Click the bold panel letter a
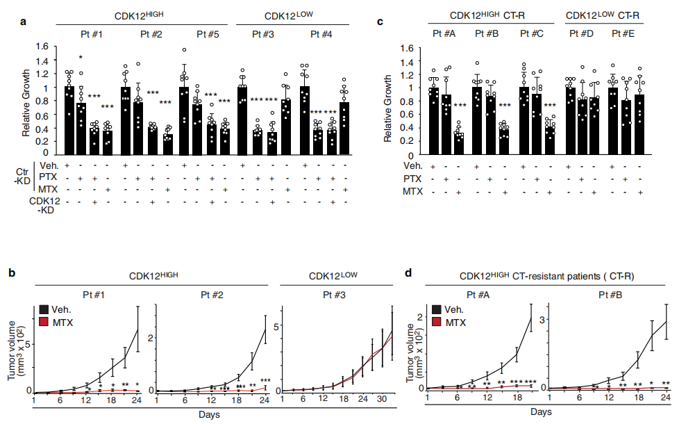[24, 21]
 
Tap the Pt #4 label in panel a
[320, 33]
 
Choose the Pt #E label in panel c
[625, 33]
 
